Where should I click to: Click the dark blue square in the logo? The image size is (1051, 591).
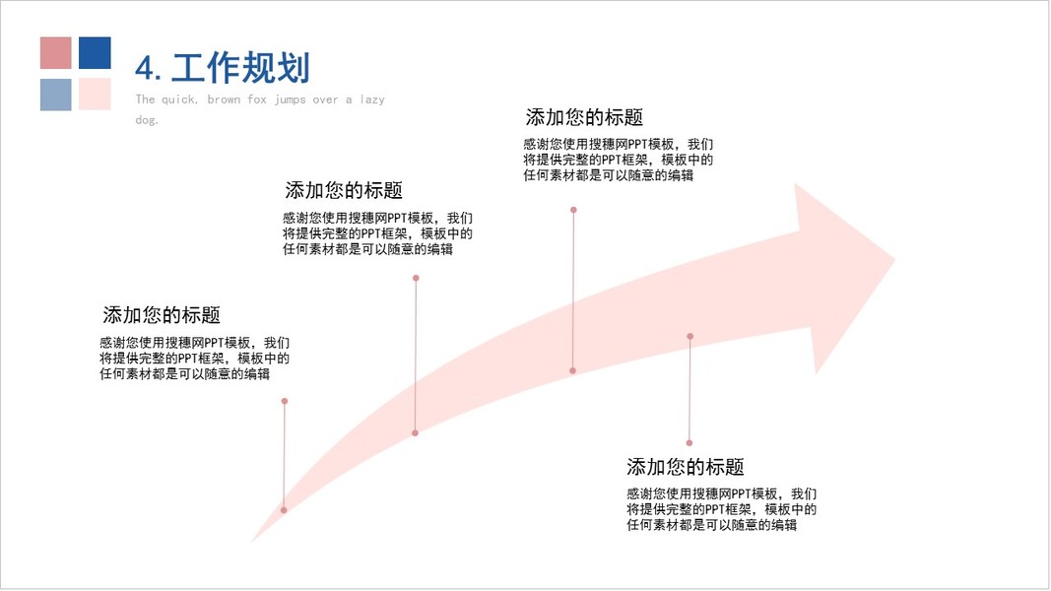point(95,53)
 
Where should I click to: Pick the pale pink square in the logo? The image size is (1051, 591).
point(95,95)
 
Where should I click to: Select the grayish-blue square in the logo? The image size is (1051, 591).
point(56,95)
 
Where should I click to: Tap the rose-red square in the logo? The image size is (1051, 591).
point(56,53)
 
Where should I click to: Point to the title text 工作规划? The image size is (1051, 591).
point(240,68)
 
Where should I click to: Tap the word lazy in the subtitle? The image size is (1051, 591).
point(372,99)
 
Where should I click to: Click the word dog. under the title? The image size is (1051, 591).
point(147,120)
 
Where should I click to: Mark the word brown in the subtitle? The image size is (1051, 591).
point(224,99)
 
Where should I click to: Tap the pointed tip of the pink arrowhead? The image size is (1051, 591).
point(894,259)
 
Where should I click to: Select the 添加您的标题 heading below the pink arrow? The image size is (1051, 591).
point(685,467)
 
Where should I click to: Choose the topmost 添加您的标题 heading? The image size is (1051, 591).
point(584,117)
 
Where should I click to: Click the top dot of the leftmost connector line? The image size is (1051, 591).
point(285,401)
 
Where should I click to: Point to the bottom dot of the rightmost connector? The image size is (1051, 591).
point(690,443)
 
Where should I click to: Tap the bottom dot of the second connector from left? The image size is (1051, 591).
point(416,432)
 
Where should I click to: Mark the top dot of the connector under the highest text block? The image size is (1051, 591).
point(573,210)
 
